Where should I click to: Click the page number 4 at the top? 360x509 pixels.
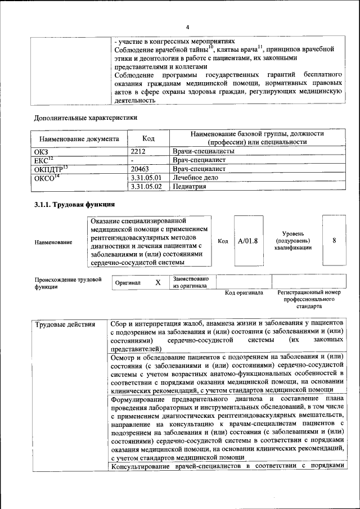click(188, 26)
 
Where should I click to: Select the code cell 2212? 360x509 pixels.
click(138, 151)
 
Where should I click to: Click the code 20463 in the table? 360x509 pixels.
click(141, 168)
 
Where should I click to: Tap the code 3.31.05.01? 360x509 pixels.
click(146, 177)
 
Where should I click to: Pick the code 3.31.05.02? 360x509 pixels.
click(146, 186)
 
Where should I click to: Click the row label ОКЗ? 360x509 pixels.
click(43, 151)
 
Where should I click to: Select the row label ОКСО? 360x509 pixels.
click(47, 177)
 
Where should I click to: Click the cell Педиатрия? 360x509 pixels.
click(189, 186)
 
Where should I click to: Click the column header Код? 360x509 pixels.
click(148, 138)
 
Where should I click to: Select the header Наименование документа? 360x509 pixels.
click(79, 138)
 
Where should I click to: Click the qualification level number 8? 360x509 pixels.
click(334, 240)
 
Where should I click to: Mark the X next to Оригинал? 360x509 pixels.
click(158, 282)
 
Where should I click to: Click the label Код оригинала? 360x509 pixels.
click(244, 293)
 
